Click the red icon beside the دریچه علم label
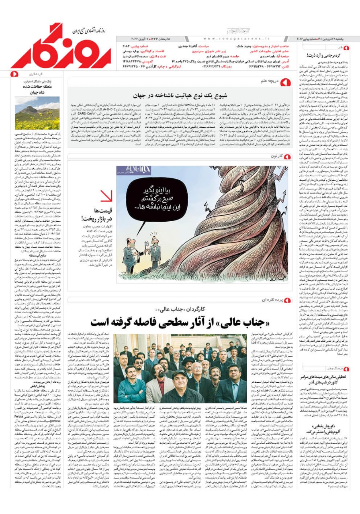pos(287,82)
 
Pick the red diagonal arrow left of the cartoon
pos(106,196)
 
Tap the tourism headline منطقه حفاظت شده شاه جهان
pos(37,88)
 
